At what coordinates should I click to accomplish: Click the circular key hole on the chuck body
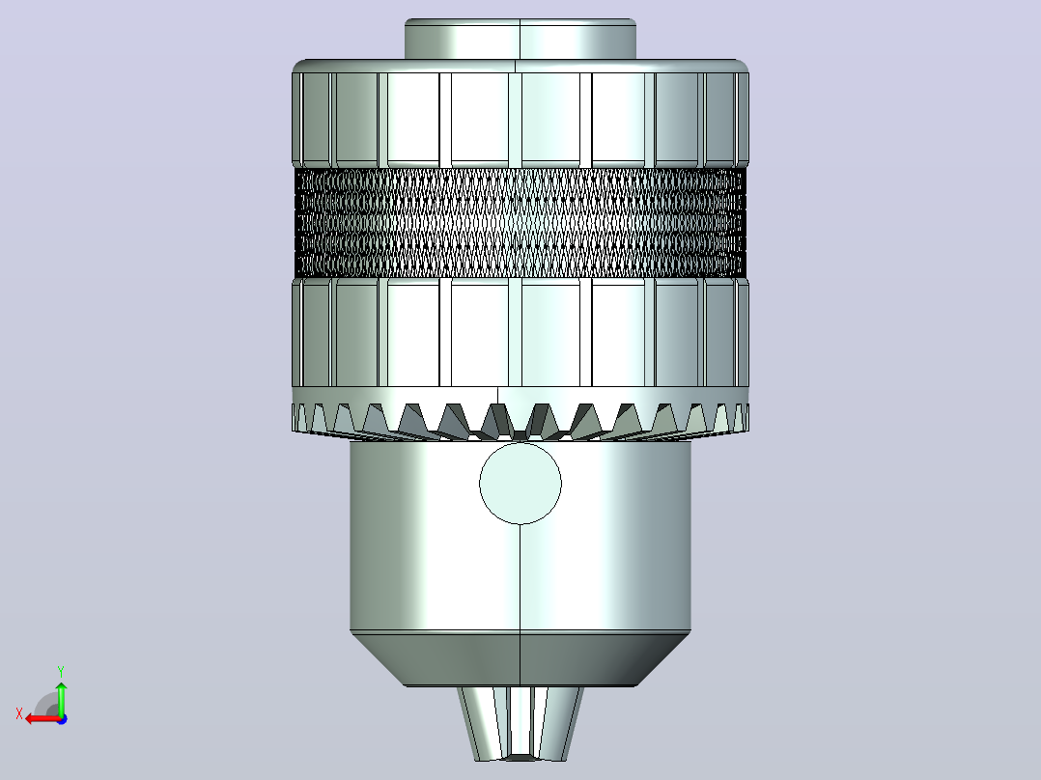coord(520,484)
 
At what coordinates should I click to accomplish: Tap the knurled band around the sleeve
coord(520,222)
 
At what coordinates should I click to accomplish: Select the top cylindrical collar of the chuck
coord(520,40)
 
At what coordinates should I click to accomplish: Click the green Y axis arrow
coord(61,697)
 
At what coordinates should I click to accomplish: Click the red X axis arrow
coord(43,718)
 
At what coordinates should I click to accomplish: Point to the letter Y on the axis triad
coord(61,671)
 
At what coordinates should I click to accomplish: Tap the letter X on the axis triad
coord(19,713)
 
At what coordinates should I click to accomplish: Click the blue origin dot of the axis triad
coord(62,719)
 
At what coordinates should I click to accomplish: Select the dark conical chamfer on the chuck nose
coord(520,658)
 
